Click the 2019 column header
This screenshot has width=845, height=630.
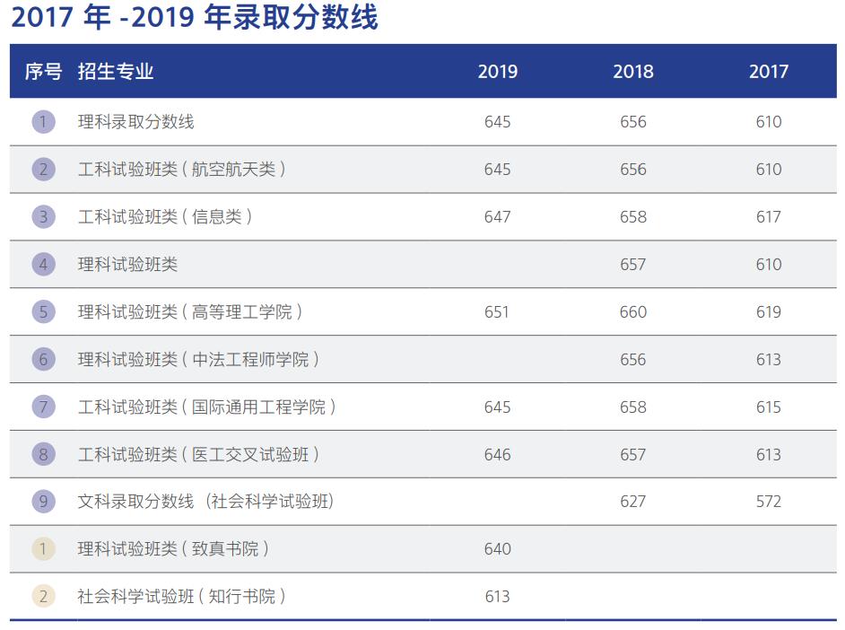coord(497,72)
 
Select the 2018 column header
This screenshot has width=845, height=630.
coord(633,72)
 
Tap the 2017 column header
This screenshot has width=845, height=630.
coord(769,72)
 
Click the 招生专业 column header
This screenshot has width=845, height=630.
coord(116,72)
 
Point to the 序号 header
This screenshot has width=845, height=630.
coord(43,72)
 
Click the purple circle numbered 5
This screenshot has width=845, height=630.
coord(43,311)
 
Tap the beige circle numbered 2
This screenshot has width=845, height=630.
coord(43,596)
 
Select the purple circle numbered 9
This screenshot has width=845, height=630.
coord(43,501)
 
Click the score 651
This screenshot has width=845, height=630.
coord(497,311)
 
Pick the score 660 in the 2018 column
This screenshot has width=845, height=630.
coord(633,311)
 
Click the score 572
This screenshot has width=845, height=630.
coord(769,501)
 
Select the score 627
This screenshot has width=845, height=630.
coord(633,501)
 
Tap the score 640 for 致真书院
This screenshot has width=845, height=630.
coord(497,548)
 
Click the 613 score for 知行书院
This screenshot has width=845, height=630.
coord(497,596)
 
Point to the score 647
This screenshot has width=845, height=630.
coord(497,216)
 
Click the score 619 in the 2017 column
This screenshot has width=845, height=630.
coord(769,311)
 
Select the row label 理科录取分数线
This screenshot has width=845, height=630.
coord(136,121)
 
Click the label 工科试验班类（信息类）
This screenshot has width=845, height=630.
coord(165,216)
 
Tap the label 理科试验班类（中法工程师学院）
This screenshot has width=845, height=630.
coord(198,359)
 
